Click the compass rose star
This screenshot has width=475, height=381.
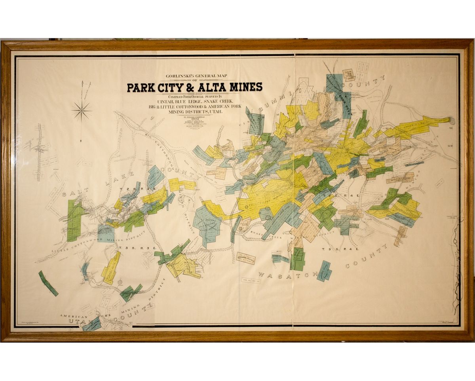(82, 111)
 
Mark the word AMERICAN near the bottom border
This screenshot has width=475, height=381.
(73, 316)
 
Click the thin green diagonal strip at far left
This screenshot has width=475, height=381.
(48, 283)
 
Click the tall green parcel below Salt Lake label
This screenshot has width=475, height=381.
(74, 220)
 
